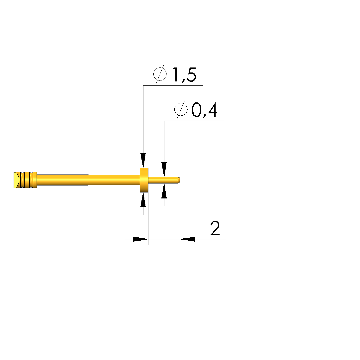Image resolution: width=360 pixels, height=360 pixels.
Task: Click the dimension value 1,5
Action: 184,74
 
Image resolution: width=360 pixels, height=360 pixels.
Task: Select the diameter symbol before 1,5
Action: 160,74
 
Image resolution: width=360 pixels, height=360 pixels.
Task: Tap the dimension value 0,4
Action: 205,110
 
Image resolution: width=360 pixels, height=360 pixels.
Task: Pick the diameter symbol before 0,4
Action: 181,109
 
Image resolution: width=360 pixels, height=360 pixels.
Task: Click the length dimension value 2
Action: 215,228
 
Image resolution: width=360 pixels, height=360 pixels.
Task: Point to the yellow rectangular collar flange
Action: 144,180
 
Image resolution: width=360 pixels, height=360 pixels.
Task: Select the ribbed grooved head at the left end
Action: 25,180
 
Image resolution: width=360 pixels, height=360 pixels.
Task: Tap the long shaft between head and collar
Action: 89,180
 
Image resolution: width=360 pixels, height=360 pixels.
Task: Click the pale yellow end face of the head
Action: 16,180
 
